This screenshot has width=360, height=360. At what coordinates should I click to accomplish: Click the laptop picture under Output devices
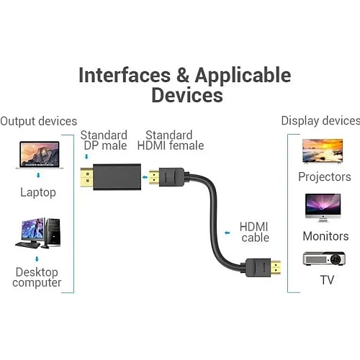coord(40,155)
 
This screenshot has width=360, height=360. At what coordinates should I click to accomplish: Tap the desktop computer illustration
coord(38,233)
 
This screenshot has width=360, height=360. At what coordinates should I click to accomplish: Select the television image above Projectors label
coord(323,151)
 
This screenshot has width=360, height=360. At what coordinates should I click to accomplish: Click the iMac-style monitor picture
coord(323,208)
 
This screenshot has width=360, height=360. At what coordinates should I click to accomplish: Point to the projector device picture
coord(324,258)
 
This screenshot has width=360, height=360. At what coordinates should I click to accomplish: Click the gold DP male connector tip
coord(86,177)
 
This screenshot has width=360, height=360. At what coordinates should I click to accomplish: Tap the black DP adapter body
coord(117,177)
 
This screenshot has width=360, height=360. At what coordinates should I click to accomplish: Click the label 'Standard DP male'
coord(104,140)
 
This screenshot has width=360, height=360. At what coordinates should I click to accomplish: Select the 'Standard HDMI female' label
coord(171,140)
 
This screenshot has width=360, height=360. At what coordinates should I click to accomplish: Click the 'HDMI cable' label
coord(254,232)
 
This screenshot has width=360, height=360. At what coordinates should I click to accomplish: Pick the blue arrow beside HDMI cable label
coord(227,233)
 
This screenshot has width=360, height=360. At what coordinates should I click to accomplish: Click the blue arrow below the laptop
coord(38,176)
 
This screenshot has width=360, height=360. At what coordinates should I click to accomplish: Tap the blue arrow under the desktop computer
coord(37,259)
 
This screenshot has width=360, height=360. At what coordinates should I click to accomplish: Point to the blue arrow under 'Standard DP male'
coord(86,157)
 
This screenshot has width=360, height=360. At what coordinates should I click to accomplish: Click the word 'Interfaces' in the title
coord(125,76)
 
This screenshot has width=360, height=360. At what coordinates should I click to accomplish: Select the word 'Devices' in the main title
coord(187,95)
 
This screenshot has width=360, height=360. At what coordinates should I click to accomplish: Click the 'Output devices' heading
coord(39,121)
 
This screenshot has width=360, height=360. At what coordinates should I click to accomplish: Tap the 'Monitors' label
coord(325,236)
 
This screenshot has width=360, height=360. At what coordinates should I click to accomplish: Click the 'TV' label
coord(327,280)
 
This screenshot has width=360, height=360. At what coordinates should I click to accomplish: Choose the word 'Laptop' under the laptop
coord(38,193)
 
